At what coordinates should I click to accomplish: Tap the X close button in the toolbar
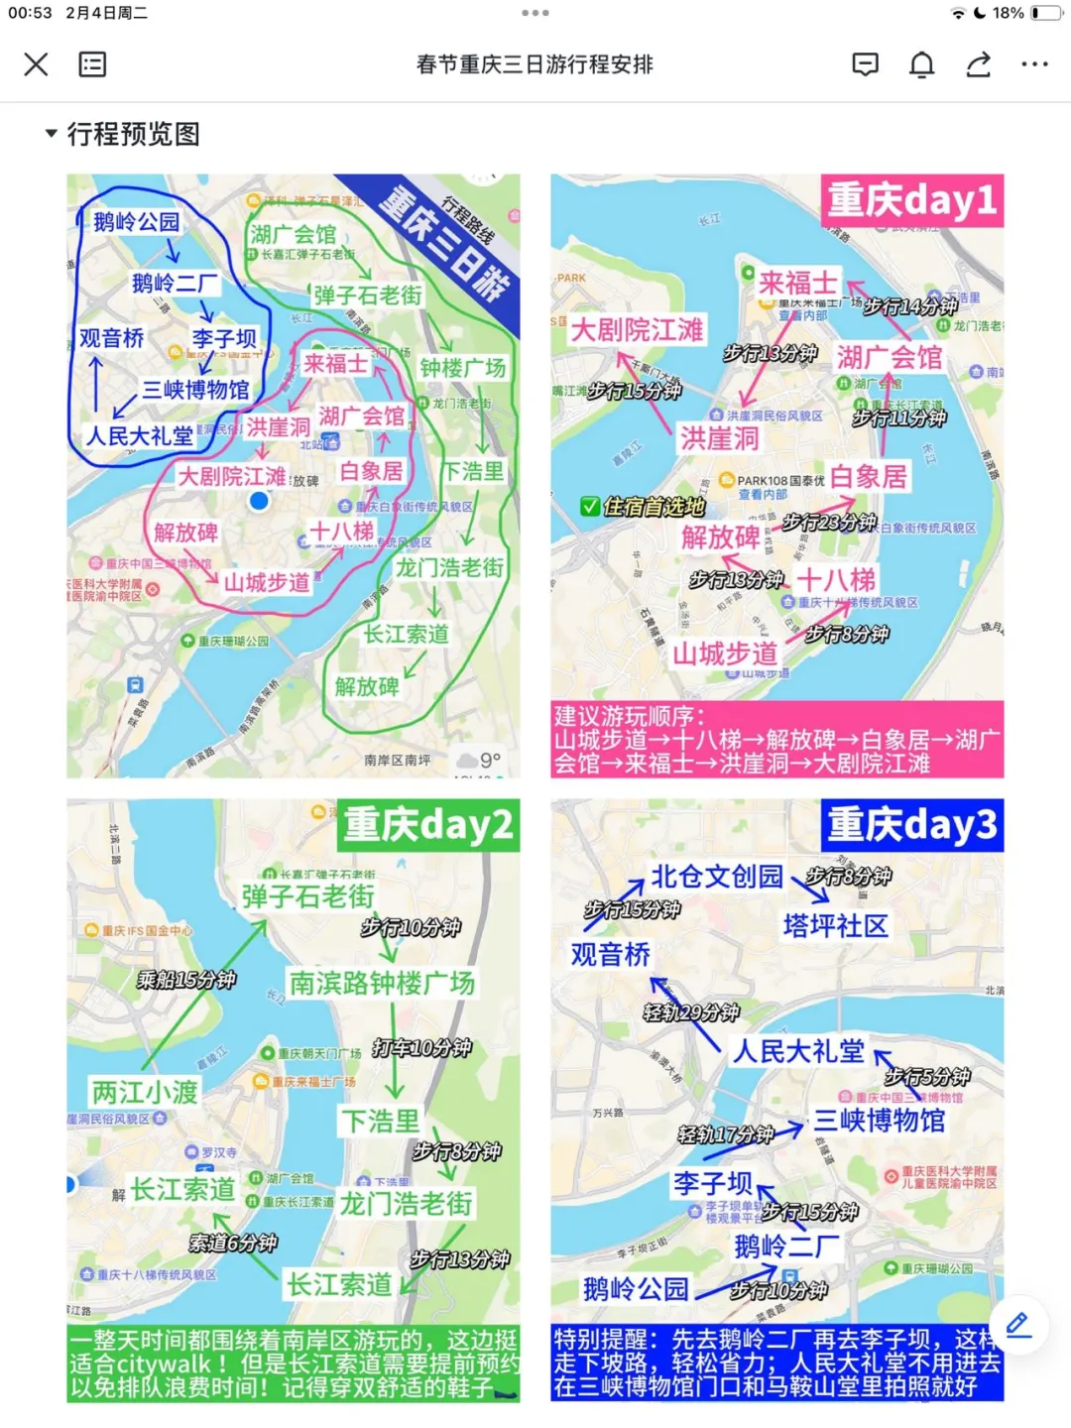(36, 64)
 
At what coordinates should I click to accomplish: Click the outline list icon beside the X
(92, 64)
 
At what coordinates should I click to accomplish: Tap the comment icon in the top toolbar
(865, 64)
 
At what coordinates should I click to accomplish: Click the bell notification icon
(921, 64)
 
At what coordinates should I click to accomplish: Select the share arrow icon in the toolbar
(978, 64)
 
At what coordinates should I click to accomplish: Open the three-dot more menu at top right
(1034, 64)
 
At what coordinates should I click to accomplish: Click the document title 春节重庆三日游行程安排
(535, 64)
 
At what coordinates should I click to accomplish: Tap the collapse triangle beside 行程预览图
(51, 133)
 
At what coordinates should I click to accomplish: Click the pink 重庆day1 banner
(911, 200)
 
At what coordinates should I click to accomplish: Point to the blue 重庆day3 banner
(911, 825)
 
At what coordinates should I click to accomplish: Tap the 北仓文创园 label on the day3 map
(716, 877)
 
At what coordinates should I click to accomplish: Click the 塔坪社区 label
(835, 926)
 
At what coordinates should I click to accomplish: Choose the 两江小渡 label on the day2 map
(145, 1092)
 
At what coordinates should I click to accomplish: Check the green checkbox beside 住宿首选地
(590, 507)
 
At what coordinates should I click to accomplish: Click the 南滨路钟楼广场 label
(382, 983)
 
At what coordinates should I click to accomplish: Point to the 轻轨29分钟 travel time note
(691, 1012)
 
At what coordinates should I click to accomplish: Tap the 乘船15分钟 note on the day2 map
(186, 980)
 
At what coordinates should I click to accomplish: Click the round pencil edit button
(1018, 1325)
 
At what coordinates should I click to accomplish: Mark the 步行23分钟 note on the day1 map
(829, 522)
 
